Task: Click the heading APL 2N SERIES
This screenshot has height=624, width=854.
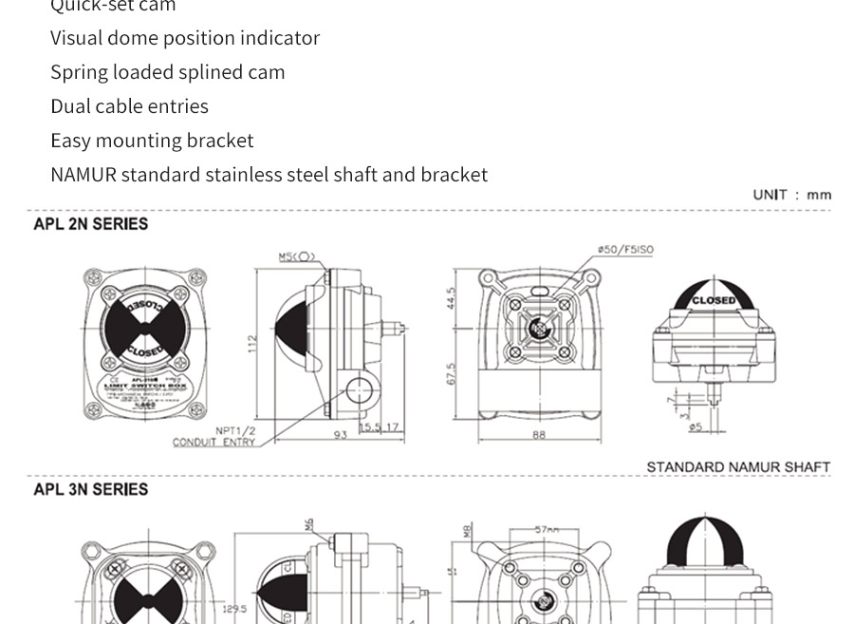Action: click(91, 224)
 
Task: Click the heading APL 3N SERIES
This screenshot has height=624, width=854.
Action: click(91, 489)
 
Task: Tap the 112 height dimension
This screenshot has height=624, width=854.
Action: click(253, 344)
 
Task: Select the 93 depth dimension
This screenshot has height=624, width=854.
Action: click(340, 435)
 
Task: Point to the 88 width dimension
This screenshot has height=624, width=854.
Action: click(539, 435)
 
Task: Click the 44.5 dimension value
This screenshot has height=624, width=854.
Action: click(452, 298)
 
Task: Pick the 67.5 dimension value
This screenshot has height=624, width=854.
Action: click(452, 373)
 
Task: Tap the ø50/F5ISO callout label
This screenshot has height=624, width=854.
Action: click(625, 250)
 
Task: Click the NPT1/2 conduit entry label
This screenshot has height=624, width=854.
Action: click(236, 431)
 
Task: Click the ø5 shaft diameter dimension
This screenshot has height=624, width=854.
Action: click(696, 427)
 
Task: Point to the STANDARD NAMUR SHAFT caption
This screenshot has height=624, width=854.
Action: click(738, 467)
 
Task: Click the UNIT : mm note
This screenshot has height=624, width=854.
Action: click(792, 195)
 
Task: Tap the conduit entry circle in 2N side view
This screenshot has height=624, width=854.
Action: click(360, 388)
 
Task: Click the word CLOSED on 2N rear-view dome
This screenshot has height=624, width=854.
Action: click(714, 300)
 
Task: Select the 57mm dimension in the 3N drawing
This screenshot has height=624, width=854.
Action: click(547, 530)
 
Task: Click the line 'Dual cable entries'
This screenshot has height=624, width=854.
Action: click(129, 106)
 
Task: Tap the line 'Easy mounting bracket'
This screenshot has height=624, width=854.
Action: click(152, 141)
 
